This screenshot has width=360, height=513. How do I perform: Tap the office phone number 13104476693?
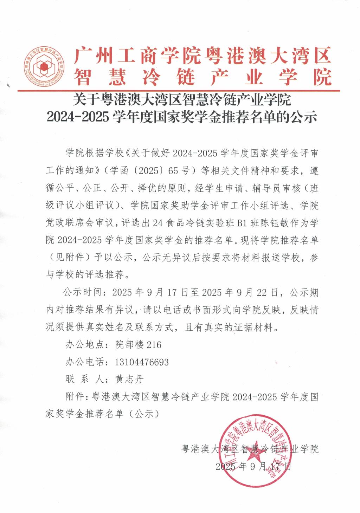point(142,362)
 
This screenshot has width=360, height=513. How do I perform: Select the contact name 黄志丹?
point(129,379)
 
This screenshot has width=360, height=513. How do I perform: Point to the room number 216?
point(154,345)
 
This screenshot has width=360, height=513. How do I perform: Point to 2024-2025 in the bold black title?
point(78,117)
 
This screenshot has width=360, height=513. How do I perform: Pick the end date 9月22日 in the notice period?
point(253,292)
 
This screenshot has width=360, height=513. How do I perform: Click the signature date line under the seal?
point(253,467)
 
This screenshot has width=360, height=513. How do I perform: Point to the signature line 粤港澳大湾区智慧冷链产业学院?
point(250,449)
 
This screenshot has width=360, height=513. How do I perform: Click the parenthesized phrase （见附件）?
point(67,258)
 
